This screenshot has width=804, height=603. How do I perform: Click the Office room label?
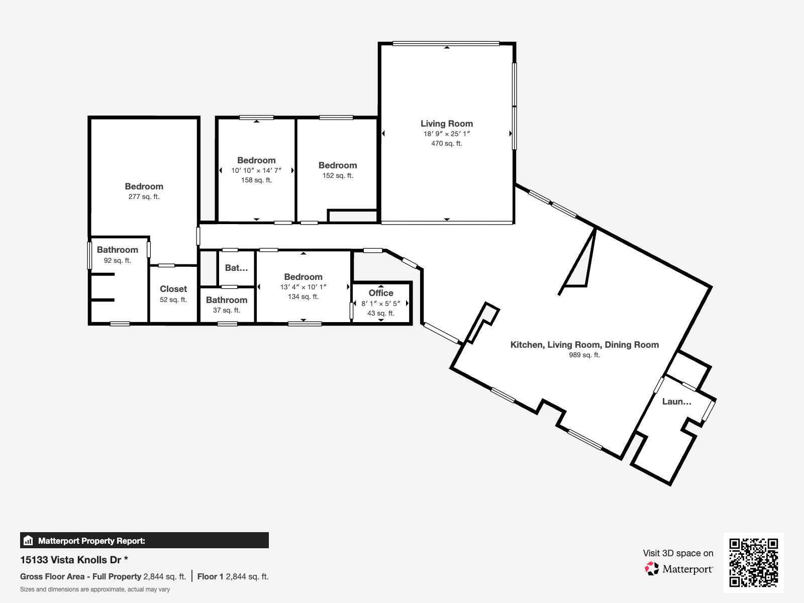click(381, 293)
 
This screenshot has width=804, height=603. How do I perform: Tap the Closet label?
click(173, 289)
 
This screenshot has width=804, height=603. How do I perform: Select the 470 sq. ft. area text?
click(446, 143)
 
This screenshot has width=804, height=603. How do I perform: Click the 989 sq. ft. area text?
click(584, 355)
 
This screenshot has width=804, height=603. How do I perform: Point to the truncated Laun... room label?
click(676, 401)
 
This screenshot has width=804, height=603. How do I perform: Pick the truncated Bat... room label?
click(236, 268)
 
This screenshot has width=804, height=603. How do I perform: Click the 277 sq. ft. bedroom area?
click(144, 196)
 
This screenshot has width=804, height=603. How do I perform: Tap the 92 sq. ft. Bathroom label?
click(118, 250)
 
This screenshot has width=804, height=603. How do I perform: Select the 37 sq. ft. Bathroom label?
click(227, 300)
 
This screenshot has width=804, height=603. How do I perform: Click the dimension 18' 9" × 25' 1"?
click(446, 134)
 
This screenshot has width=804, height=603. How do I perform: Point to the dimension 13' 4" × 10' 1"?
click(303, 287)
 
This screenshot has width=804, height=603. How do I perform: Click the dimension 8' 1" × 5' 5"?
click(381, 304)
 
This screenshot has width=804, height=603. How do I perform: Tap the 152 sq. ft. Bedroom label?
click(338, 165)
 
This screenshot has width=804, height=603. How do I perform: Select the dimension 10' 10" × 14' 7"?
click(256, 170)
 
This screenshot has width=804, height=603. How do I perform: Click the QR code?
click(753, 562)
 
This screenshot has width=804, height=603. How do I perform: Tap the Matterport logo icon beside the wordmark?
click(652, 568)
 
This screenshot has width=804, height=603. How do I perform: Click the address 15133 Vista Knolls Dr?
click(70, 559)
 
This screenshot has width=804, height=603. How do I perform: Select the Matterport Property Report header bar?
click(144, 541)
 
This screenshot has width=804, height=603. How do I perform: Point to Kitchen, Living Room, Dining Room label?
click(584, 345)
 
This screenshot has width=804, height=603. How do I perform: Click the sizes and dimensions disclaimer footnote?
click(95, 589)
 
